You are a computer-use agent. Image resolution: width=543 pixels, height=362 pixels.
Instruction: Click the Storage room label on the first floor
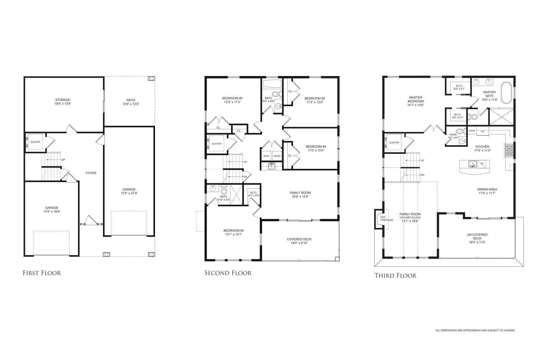63,102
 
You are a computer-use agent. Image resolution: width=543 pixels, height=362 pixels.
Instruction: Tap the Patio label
131,102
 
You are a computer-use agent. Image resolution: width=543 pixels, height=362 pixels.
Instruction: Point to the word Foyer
91,173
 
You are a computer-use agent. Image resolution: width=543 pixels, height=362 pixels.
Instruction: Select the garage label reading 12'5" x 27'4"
129,191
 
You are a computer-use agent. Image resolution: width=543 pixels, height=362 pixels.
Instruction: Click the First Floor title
42,273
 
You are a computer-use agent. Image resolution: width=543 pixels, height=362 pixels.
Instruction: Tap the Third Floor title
395,275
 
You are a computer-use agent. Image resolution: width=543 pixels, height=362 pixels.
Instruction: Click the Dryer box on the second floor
266,156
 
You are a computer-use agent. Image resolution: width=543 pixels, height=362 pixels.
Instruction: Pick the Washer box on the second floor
277,156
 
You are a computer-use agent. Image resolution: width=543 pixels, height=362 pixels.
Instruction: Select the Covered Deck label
299,241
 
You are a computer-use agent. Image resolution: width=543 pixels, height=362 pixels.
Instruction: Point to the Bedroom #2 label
315,100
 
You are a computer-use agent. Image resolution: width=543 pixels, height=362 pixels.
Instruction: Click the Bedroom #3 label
232,100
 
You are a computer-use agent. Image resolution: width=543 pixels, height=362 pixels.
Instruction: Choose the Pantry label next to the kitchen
472,131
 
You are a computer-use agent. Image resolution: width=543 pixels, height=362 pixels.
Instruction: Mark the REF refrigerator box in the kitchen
483,132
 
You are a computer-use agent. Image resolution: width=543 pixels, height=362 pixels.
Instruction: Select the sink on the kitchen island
472,164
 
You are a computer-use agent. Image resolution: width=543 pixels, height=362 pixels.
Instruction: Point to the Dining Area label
487,191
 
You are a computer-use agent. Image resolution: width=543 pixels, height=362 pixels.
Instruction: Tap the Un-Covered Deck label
477,238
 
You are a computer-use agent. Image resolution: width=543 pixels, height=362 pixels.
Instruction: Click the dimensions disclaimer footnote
475,330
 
